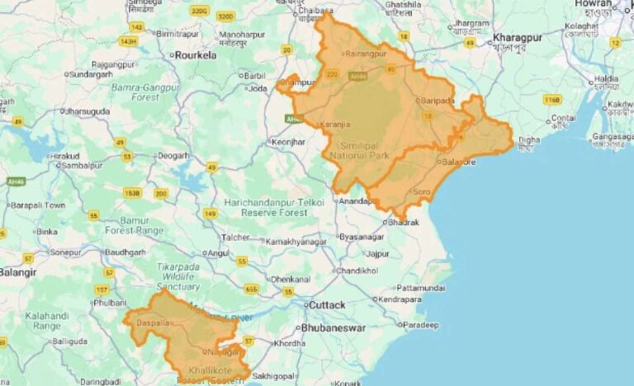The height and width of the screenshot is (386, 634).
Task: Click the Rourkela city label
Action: [195, 55]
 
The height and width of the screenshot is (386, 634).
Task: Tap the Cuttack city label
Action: [326, 305]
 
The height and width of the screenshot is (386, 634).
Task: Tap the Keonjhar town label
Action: [290, 142]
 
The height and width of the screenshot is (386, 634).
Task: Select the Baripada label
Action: [438, 101]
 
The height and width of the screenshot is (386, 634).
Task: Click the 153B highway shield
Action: [131, 192]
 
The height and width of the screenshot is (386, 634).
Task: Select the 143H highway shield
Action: [128, 40]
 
